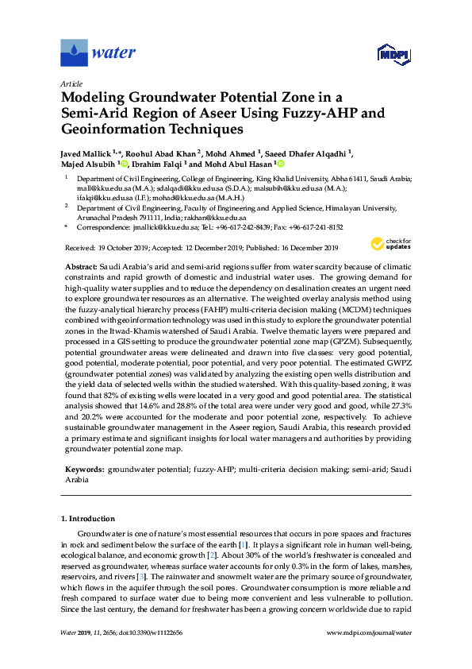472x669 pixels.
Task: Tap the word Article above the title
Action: pos(71,83)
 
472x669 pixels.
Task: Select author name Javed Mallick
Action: pos(86,153)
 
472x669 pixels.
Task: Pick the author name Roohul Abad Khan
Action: pos(159,153)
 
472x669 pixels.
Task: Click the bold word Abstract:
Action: pos(80,266)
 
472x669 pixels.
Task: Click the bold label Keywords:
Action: pos(83,470)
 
